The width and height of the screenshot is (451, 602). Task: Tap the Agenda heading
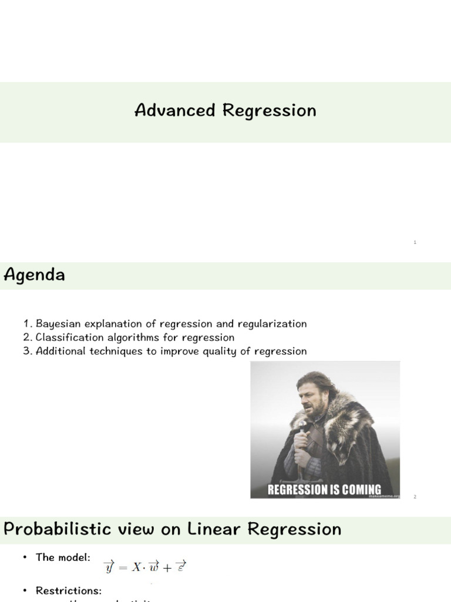pos(34,275)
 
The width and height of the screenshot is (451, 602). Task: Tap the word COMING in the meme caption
pos(358,490)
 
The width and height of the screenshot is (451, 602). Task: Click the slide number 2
pos(415,497)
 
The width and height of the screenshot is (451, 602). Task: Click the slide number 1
pos(415,242)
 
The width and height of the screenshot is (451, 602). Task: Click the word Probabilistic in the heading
pos(58,529)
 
